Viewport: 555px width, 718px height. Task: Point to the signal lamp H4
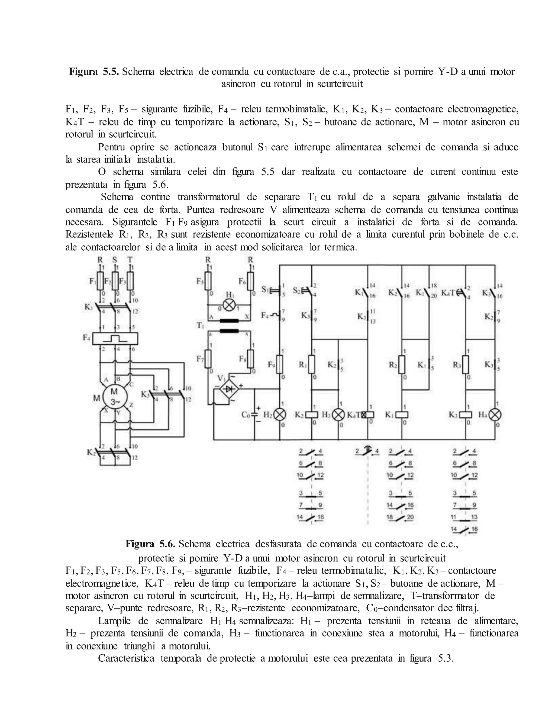pos(495,415)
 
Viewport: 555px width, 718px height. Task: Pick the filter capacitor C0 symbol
pos(254,415)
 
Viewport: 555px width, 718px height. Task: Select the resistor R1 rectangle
pos(312,364)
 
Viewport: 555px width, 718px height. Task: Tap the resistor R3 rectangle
pos(465,364)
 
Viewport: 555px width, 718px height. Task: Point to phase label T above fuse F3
pos(130,260)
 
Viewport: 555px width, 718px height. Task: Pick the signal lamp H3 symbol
pos(338,415)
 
